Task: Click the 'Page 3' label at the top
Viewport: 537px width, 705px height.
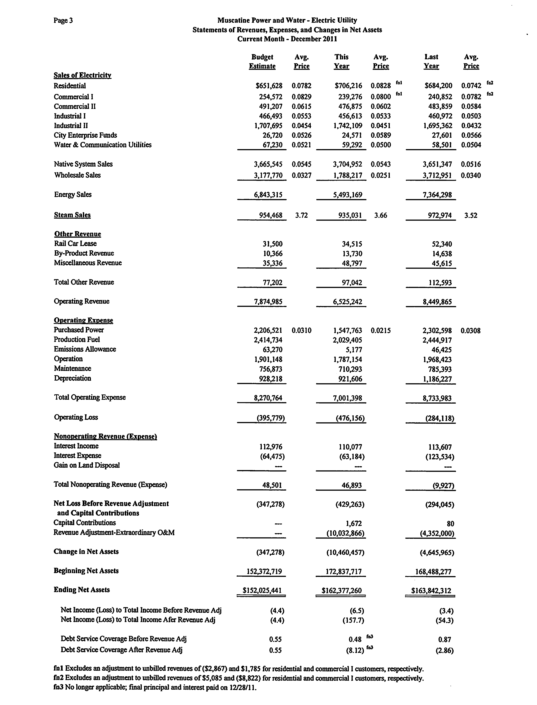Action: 63,20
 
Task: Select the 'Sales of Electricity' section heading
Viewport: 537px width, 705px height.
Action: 82,75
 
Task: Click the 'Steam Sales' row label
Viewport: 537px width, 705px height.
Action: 72,215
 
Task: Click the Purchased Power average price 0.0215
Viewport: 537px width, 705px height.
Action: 380,330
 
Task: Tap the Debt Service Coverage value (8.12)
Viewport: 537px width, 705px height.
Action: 355,650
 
